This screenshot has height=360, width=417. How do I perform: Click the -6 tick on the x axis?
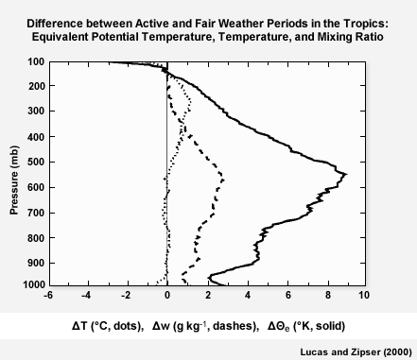48,294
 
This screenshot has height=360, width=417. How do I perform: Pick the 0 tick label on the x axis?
166,294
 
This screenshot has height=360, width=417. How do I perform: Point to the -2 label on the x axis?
126,294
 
